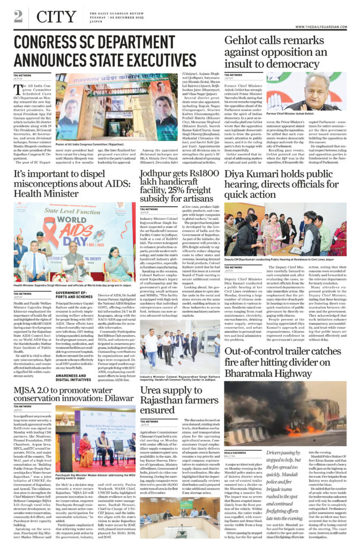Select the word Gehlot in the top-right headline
(242, 41)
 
